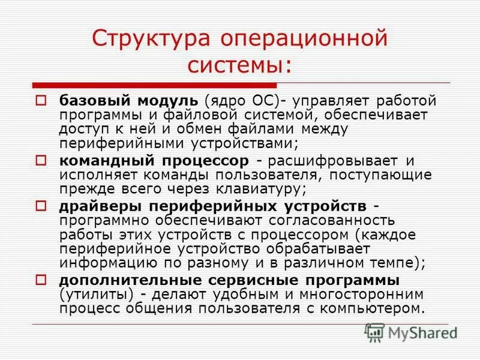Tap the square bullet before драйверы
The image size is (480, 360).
click(41, 206)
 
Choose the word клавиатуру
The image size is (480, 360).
click(252, 190)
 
